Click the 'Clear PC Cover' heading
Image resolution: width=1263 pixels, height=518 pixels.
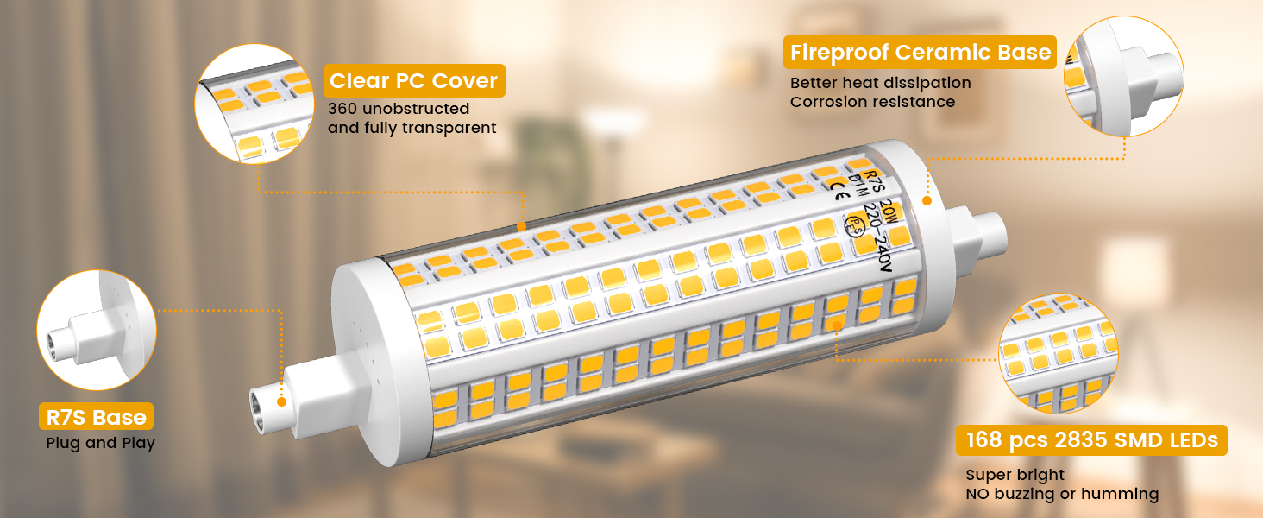point(413,81)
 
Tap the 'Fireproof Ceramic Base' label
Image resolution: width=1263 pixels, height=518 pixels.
point(921,53)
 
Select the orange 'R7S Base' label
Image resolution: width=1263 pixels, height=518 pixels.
point(96,418)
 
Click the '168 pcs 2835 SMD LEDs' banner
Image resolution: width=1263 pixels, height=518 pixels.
point(1090,441)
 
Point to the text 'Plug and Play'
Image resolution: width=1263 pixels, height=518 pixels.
point(100,444)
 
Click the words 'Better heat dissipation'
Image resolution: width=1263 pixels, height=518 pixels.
point(880,83)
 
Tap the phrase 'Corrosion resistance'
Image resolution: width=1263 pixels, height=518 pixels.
point(872,102)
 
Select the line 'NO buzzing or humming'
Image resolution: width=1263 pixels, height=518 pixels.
point(1061,494)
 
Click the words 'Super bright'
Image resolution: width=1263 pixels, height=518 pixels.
point(1015,475)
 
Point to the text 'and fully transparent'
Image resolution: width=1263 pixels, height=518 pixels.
point(412,128)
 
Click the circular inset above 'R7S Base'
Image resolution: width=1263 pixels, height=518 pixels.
point(97,329)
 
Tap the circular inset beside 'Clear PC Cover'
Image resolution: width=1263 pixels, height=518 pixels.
point(254,104)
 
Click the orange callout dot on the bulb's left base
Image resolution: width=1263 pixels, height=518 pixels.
point(281,401)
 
